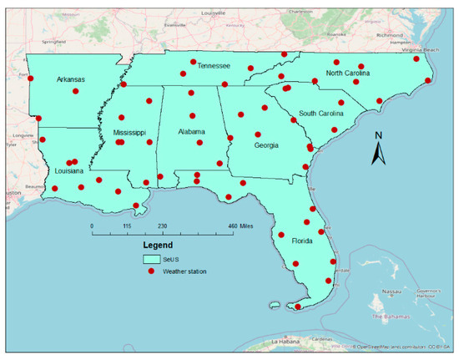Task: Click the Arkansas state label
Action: [71, 80]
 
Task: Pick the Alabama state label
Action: [197, 132]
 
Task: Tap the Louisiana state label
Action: [69, 170]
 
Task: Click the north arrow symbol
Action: [376, 149]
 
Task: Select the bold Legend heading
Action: [157, 246]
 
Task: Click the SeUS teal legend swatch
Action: [151, 259]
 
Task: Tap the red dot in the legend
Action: [151, 271]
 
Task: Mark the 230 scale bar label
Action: [162, 226]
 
